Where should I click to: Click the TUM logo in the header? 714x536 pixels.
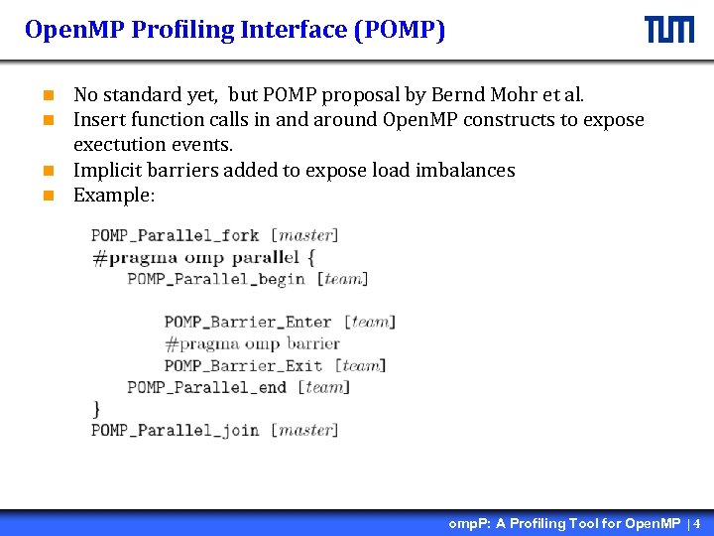coord(669,30)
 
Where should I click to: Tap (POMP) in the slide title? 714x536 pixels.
coord(399,31)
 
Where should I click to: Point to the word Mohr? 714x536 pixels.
coord(513,95)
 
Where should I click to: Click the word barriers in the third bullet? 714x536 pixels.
coord(185,170)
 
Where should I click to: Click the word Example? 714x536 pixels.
coord(114,195)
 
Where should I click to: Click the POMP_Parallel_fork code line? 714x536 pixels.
coord(176,236)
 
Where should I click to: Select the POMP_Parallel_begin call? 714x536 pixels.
coord(215,279)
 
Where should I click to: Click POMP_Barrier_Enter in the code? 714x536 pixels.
coord(248,322)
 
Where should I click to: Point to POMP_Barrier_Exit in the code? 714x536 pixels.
coord(243,365)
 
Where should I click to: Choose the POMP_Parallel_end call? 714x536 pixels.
coord(206,387)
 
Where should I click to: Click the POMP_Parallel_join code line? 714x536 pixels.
coord(176,430)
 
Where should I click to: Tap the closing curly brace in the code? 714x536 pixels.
coord(96,408)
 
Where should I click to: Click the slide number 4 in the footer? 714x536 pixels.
coord(697,523)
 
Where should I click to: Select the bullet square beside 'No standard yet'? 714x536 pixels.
coord(47,96)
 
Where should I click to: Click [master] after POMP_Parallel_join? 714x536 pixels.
coord(304,430)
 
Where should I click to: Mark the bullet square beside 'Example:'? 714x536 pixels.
coord(47,196)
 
